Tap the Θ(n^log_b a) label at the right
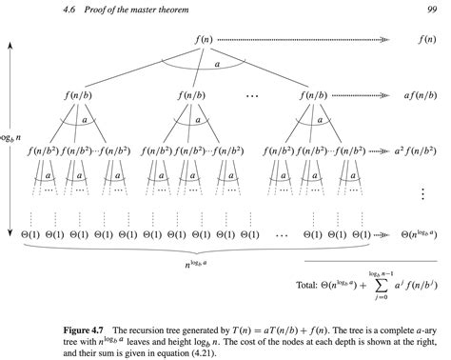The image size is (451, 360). (419, 231)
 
